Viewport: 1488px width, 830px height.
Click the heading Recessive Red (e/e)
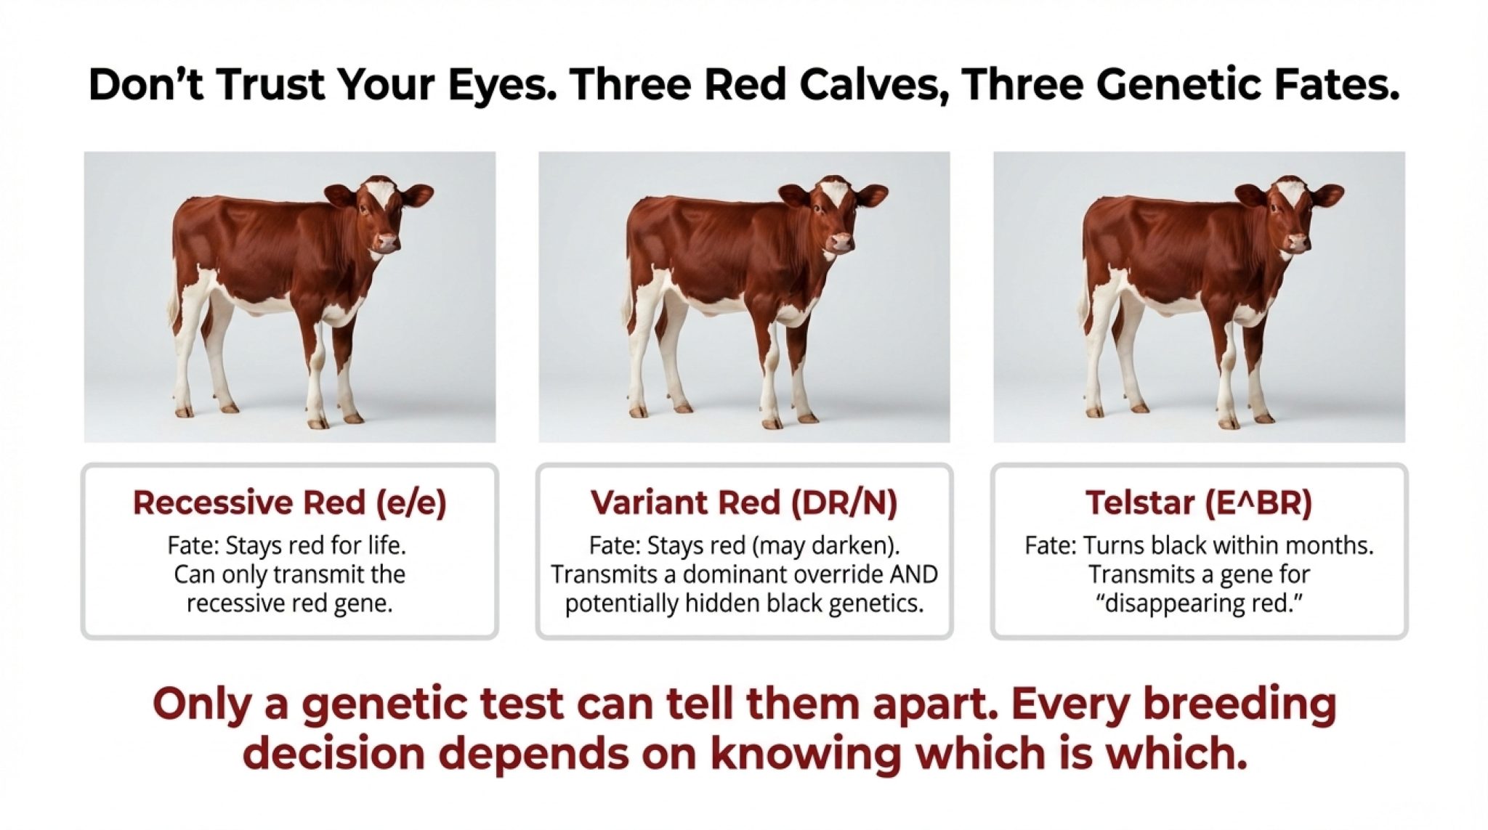[289, 503]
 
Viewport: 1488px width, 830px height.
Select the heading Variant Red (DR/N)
[744, 503]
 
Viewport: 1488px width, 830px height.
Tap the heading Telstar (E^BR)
[1199, 503]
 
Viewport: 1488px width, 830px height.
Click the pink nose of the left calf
[388, 242]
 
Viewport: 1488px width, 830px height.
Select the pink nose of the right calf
[1298, 241]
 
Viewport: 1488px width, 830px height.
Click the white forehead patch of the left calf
[380, 194]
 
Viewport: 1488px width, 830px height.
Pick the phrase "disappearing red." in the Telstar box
[1199, 604]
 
